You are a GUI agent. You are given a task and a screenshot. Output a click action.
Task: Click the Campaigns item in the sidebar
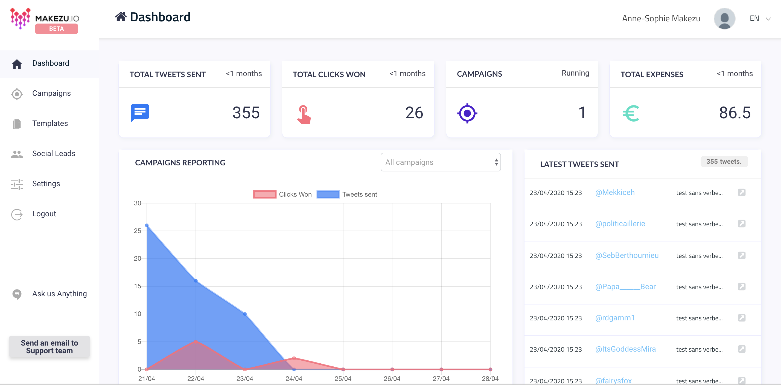pos(51,93)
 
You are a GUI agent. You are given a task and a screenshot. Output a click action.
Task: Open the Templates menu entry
pos(50,123)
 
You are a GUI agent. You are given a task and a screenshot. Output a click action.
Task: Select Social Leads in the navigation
pos(54,153)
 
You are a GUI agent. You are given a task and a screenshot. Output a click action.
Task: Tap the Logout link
pos(44,214)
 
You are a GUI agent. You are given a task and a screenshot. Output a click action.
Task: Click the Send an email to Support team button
pos(49,346)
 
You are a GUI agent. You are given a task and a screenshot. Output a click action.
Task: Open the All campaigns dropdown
pos(441,162)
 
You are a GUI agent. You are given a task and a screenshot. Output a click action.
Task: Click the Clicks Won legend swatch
pos(264,194)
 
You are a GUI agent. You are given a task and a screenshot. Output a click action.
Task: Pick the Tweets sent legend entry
pos(347,194)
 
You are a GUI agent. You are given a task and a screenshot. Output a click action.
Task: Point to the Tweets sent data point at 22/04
pos(196,281)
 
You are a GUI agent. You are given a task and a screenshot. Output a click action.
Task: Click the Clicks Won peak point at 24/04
pos(294,358)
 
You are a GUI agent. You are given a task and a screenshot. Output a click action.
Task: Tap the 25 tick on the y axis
pos(138,231)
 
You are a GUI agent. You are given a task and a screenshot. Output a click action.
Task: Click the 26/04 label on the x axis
pos(392,379)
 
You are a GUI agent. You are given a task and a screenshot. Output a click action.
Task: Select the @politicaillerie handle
pos(620,224)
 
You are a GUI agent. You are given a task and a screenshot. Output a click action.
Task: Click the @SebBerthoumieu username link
pos(627,255)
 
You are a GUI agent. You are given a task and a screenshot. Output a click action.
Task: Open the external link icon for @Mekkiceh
pos(742,192)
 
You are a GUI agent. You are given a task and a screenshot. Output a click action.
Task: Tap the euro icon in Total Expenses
pos(631,113)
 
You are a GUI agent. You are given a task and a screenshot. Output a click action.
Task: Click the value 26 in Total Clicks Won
pos(414,113)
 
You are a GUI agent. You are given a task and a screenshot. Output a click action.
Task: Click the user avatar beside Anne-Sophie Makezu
pos(724,19)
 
